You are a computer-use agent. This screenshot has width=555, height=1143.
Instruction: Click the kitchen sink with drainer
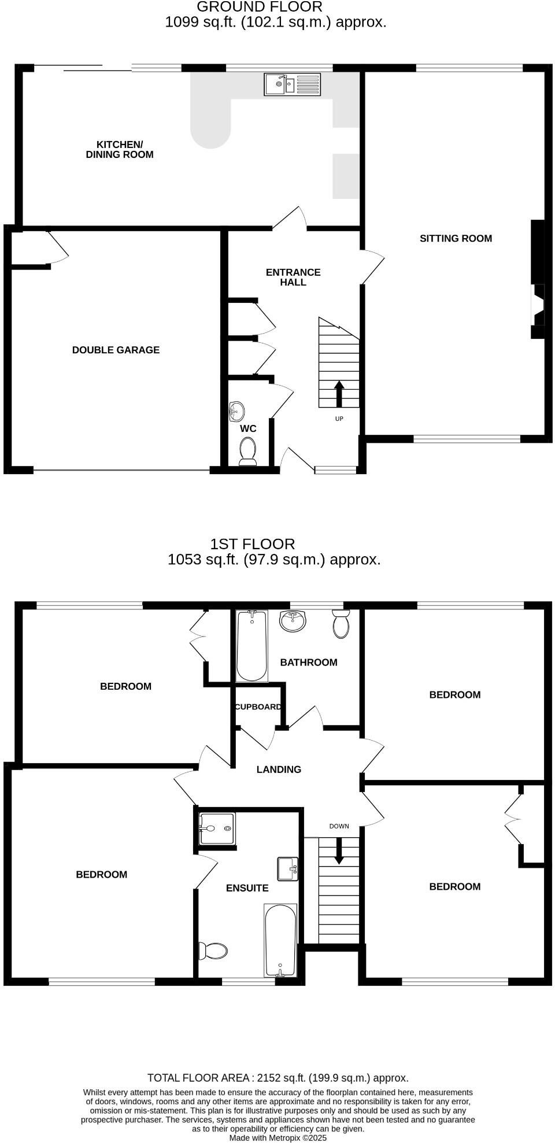click(x=292, y=84)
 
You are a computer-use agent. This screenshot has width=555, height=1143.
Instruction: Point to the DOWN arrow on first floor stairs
click(x=339, y=850)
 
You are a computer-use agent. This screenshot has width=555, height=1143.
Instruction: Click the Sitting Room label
click(x=456, y=238)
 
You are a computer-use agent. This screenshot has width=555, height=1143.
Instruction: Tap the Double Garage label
click(x=116, y=350)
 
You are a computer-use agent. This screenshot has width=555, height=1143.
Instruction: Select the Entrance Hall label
click(x=293, y=277)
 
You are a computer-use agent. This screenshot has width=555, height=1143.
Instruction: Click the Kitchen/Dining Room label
click(x=120, y=149)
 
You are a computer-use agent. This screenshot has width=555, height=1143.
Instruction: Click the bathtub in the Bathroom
click(x=252, y=645)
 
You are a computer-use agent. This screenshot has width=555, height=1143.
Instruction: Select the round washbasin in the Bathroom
click(x=293, y=622)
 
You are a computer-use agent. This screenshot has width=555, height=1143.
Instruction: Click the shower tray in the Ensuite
click(x=217, y=829)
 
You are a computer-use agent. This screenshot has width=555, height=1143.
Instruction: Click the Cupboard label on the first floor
click(x=258, y=706)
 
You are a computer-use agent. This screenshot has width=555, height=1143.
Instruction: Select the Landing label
click(x=279, y=770)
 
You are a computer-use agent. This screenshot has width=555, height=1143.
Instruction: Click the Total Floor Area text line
click(x=277, y=1078)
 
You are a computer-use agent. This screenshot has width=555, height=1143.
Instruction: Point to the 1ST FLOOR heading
click(x=252, y=544)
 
